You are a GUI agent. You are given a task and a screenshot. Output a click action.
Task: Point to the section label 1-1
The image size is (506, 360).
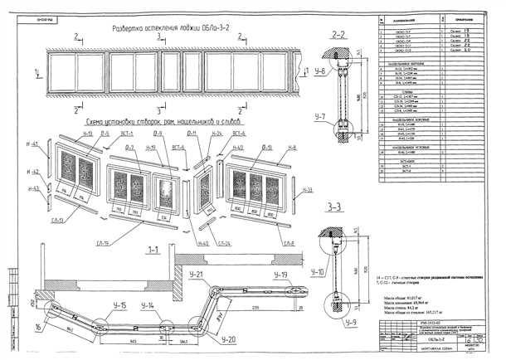[x=153, y=249]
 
